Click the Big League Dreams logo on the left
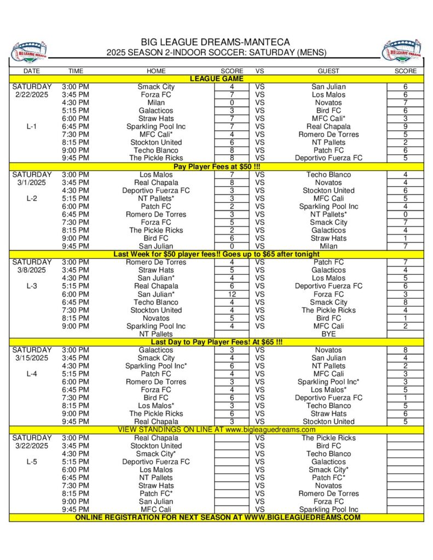point(29,51)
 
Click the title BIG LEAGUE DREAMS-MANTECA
point(216,42)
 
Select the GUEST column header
point(328,71)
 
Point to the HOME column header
point(156,71)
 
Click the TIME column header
point(76,71)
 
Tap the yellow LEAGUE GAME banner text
point(216,79)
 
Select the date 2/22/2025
point(32,95)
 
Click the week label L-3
point(32,286)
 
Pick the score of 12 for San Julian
point(232,294)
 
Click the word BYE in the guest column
point(328,334)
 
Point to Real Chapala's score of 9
point(405,126)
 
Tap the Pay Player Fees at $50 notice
point(216,167)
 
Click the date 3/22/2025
point(32,446)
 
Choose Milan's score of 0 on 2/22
point(232,103)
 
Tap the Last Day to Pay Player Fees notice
point(216,342)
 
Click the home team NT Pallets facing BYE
point(156,334)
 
